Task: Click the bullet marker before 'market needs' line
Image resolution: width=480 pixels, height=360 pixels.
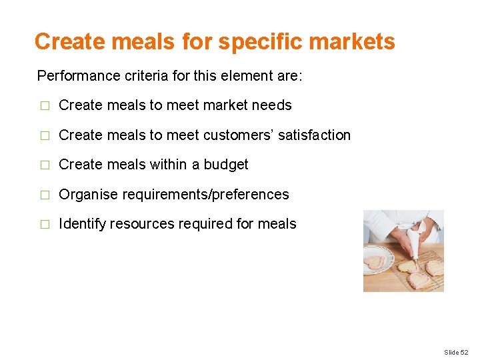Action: click(x=45, y=105)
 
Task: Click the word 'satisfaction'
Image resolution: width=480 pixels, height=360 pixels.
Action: click(x=314, y=135)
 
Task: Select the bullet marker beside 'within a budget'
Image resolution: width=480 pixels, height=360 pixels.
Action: click(x=45, y=165)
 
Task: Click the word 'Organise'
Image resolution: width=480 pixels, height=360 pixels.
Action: click(x=87, y=195)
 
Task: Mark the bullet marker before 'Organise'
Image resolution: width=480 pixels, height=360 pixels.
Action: click(x=45, y=195)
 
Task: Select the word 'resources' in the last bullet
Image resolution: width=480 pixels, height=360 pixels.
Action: click(x=142, y=224)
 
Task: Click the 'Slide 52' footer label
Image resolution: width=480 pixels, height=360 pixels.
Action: click(x=457, y=351)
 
